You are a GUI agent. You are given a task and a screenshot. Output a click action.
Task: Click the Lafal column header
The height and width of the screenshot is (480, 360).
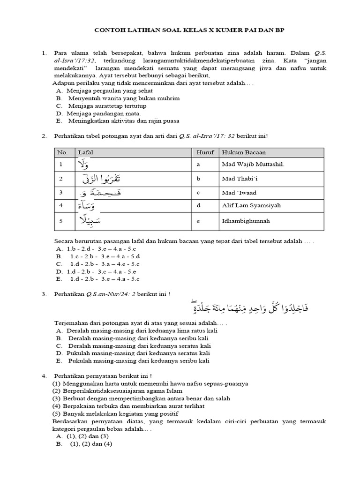85,152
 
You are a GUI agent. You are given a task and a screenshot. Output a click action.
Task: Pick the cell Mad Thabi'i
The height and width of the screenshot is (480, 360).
239,179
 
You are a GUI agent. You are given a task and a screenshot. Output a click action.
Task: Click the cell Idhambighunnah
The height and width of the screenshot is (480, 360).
243,222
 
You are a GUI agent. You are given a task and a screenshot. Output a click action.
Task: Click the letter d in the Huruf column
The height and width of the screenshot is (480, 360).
199,206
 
